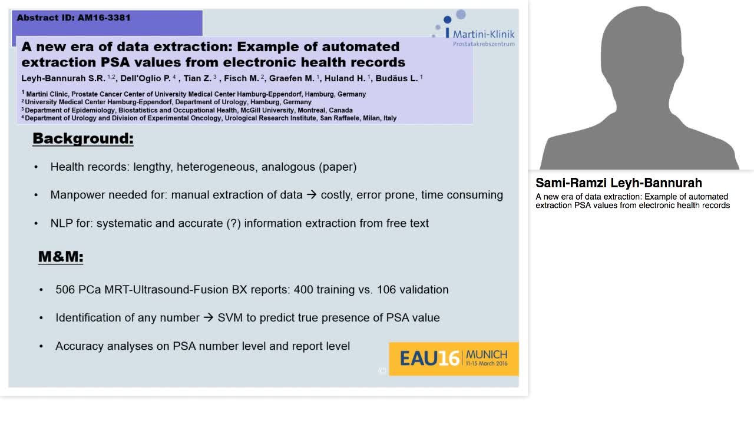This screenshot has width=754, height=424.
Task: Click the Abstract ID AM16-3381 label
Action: click(74, 18)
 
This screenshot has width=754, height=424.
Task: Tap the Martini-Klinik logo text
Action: click(483, 34)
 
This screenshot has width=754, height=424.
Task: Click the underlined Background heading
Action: click(83, 139)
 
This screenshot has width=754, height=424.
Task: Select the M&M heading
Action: click(61, 257)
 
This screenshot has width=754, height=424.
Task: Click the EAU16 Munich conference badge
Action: click(454, 358)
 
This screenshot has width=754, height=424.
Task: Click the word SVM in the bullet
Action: click(230, 318)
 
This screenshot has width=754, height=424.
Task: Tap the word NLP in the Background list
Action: click(62, 224)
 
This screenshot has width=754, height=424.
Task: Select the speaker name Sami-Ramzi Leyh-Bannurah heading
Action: click(619, 183)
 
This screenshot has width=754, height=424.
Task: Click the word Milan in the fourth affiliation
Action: click(370, 118)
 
